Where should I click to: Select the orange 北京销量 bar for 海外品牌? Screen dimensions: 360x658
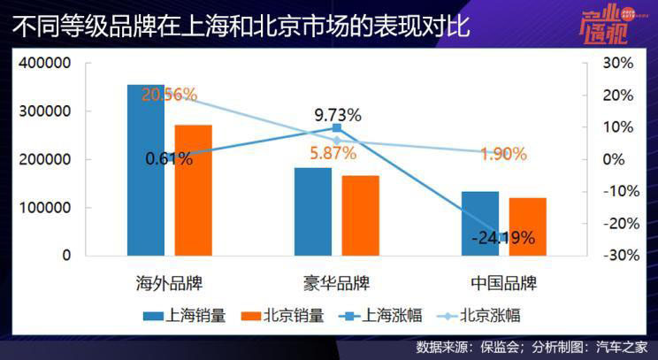193,190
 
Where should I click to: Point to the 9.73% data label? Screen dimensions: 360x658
338,114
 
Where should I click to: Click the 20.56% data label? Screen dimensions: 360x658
168,95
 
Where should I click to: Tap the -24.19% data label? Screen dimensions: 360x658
502,237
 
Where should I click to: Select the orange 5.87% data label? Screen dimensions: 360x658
333,153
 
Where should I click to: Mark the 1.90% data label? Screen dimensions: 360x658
503,153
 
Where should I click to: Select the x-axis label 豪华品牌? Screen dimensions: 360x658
336,284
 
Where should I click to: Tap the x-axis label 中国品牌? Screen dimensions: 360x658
503,284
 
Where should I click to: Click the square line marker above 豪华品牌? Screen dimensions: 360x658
336,128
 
